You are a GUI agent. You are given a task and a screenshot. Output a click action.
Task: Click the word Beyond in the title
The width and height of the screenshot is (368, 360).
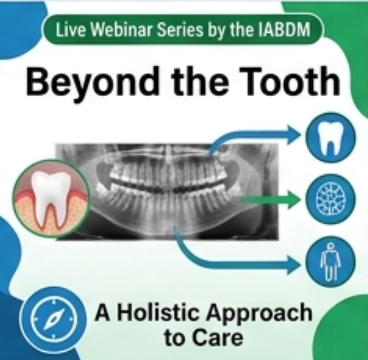tap(92, 82)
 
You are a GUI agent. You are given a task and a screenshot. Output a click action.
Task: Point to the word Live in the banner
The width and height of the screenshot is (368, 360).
tap(72, 30)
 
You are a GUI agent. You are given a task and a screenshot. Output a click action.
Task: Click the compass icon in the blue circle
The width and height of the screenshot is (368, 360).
tap(54, 318)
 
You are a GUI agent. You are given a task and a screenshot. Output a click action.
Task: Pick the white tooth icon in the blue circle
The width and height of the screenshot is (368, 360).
tap(331, 138)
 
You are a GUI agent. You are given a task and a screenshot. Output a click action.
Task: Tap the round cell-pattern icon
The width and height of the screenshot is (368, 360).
tap(331, 199)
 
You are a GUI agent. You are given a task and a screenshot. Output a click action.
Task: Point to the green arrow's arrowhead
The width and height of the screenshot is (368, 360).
tap(295, 200)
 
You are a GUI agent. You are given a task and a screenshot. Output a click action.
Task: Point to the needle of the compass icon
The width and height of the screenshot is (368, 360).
tap(54, 318)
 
